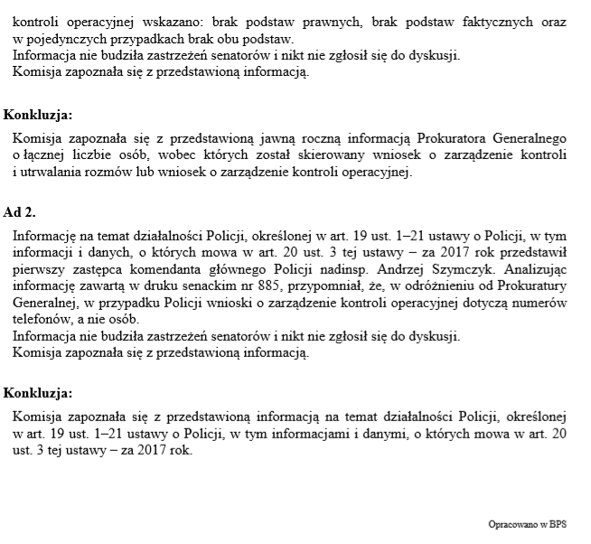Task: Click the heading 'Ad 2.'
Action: pos(21,212)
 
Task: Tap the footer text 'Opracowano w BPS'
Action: pos(534,524)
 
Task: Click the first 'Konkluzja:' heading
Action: pos(37,115)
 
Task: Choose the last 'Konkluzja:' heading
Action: pos(37,393)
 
